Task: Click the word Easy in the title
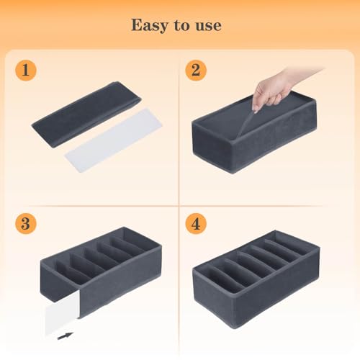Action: click(x=148, y=25)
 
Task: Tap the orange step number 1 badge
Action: click(x=26, y=71)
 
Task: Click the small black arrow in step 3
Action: click(x=65, y=335)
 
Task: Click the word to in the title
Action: click(x=180, y=26)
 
